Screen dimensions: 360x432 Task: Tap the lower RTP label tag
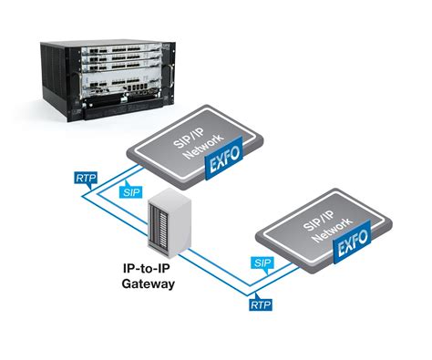[260, 303]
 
